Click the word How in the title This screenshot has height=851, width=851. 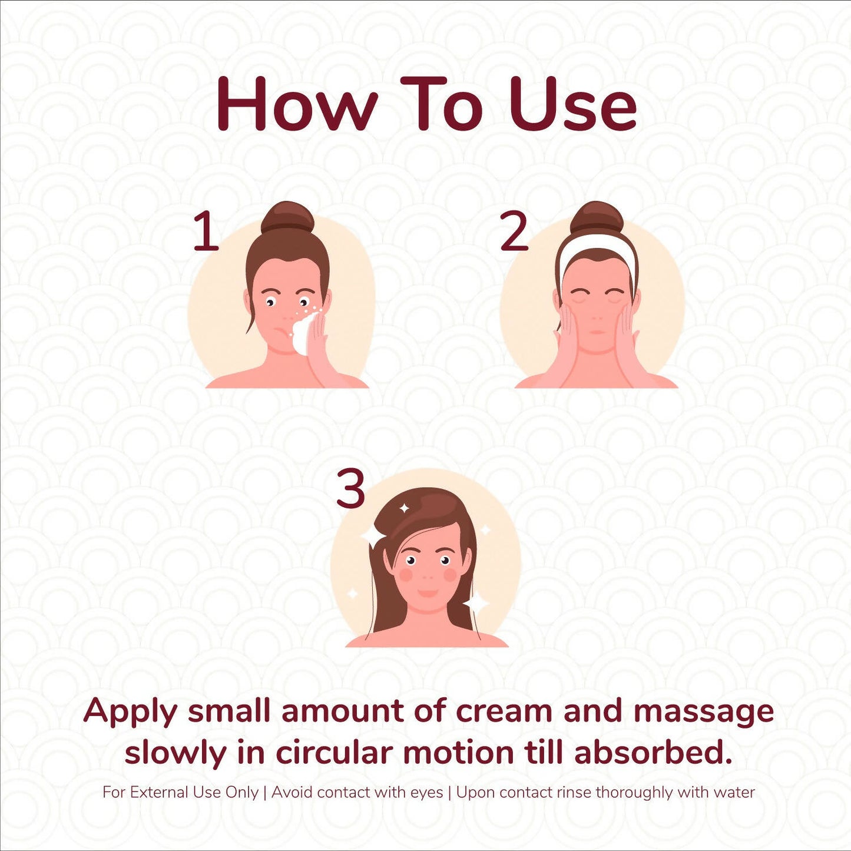(x=297, y=104)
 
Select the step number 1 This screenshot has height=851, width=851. (x=207, y=231)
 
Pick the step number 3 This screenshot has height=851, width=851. (x=350, y=489)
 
